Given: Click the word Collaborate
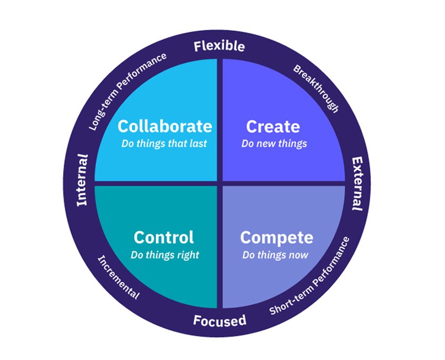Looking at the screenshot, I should pos(164,126).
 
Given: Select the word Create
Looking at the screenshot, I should pos(273,126).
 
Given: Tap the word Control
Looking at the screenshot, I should pos(164,237).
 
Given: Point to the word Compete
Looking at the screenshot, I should pos(276,237).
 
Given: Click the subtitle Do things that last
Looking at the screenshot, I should pos(164,143).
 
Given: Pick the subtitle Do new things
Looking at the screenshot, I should pos(274,143).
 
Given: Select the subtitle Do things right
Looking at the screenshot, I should pos(165,255).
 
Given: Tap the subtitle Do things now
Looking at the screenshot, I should pos(275,255).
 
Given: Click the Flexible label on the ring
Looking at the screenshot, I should pos(219,46).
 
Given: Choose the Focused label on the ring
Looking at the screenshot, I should pos(219,319).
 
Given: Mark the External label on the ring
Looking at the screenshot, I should pos(357,183).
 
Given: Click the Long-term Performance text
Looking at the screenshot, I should pos(126,91).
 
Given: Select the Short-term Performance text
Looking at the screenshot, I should pos(310,277).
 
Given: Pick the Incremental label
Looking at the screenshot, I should pos(118,277).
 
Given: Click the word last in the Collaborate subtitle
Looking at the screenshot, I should pos(199,143).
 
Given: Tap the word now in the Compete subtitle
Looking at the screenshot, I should pos(298,255).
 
